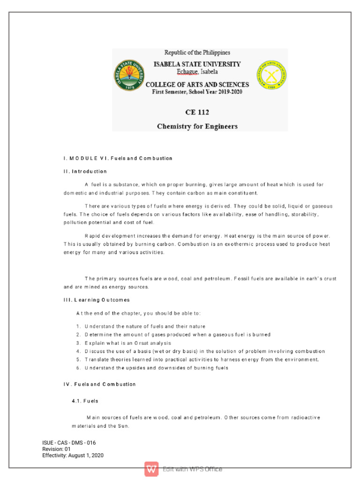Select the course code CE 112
coord(197,112)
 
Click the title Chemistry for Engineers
coord(197,126)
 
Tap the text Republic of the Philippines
coord(197,52)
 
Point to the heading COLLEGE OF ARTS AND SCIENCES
coord(197,85)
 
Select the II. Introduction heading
coord(85,172)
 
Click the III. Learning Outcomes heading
coord(97,300)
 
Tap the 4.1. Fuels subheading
coord(85,401)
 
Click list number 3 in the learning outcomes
coord(78,343)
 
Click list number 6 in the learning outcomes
coord(78,368)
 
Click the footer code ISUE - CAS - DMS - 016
coord(69,442)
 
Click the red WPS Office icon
coord(151,469)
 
